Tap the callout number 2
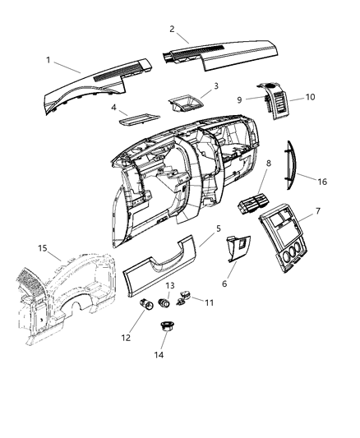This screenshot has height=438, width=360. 172,29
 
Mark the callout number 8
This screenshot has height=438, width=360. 269,164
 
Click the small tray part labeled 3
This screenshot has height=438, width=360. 186,104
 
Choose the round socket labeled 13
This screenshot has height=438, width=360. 167,302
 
